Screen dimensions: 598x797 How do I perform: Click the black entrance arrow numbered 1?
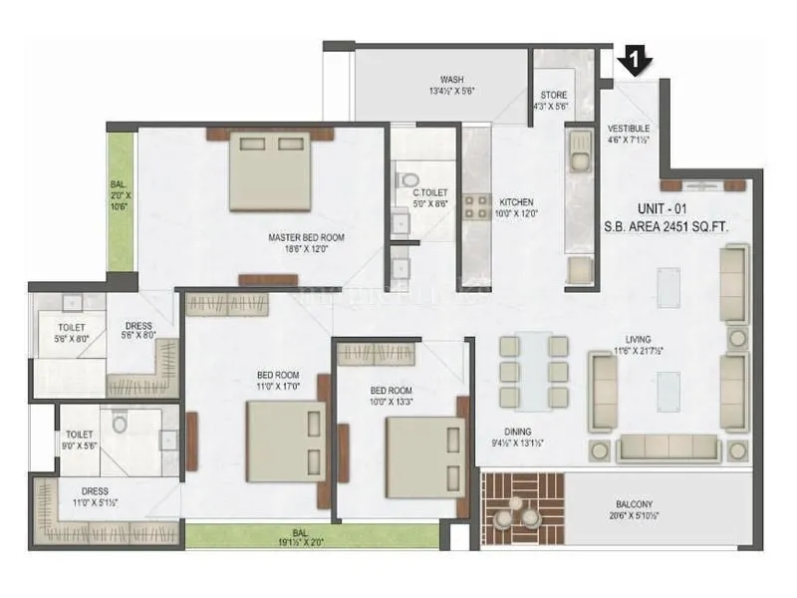click(633, 62)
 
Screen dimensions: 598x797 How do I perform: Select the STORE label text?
click(554, 96)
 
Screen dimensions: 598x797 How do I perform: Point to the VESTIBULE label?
click(629, 129)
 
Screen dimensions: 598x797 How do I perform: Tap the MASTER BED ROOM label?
click(306, 237)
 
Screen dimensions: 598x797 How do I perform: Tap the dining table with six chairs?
click(533, 370)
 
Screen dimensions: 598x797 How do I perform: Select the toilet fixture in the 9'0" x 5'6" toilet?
click(121, 424)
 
